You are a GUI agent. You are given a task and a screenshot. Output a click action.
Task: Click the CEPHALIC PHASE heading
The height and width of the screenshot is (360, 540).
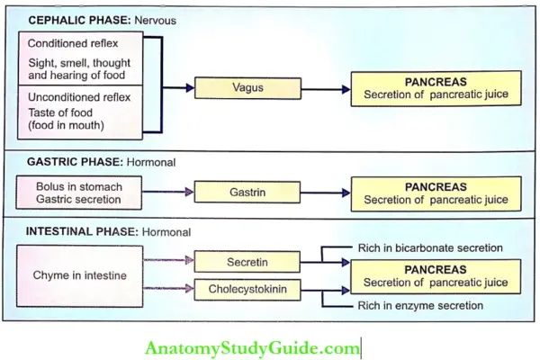tap(84, 18)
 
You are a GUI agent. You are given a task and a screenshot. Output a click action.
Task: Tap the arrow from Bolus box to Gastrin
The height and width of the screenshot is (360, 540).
tap(169, 193)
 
